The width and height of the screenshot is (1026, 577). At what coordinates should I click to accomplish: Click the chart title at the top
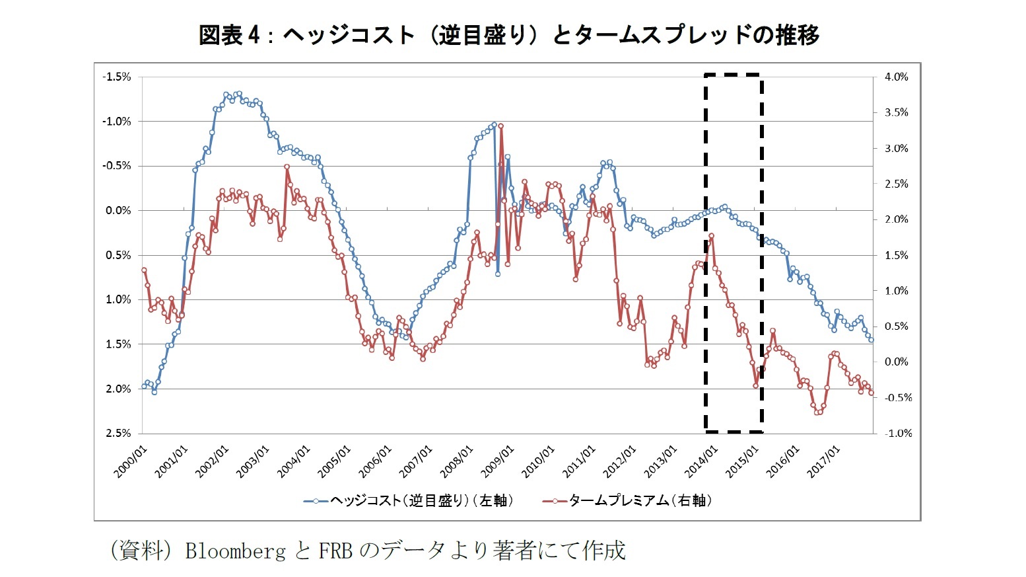[x=508, y=34]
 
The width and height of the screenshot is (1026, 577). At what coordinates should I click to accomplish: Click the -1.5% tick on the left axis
[x=117, y=77]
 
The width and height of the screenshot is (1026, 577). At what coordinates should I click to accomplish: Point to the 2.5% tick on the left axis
[x=119, y=433]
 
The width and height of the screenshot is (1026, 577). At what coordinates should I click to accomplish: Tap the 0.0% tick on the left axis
[x=119, y=210]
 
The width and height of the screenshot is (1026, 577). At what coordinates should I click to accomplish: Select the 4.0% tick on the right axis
[x=896, y=77]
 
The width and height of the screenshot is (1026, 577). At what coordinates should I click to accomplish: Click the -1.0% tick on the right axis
[x=897, y=433]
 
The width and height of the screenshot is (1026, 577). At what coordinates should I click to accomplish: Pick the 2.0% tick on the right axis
[x=896, y=219]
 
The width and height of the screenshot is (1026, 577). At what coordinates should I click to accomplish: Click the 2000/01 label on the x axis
[x=131, y=462]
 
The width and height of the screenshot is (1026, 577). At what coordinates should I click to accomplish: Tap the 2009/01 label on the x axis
[x=497, y=462]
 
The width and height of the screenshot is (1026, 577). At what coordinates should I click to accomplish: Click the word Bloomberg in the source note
[x=235, y=551]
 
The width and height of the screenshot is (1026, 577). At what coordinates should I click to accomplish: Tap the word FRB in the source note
[x=335, y=551]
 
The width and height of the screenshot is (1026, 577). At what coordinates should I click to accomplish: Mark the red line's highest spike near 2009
[x=501, y=126]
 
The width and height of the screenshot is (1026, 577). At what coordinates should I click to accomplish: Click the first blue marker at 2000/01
[x=144, y=386]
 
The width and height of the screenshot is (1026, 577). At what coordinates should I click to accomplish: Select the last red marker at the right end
[x=872, y=393]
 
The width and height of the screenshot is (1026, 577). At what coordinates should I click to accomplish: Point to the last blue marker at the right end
[x=872, y=340]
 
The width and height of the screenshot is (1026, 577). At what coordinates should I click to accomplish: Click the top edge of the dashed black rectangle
[x=734, y=75]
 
